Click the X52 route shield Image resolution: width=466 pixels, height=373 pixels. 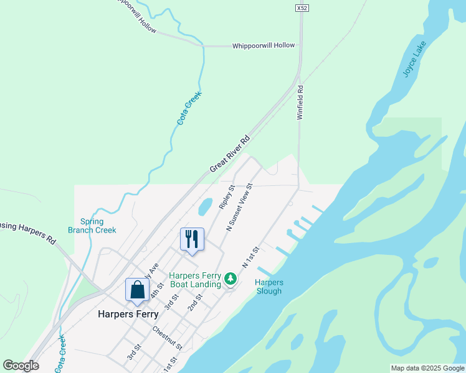tap(302, 8)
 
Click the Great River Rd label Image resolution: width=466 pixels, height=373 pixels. tap(230, 154)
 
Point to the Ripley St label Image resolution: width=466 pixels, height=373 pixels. tap(227, 196)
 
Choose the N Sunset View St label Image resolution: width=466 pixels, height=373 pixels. tap(239, 208)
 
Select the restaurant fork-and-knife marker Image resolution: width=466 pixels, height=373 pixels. tap(192, 239)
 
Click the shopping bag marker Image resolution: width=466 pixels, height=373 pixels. tap(137, 290)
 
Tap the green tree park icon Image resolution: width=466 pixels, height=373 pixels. tap(231, 279)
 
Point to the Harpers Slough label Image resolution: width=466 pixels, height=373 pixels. tap(269, 287)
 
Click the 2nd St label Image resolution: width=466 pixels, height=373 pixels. tap(195, 303)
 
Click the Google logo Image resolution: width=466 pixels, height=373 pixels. tap(21, 366)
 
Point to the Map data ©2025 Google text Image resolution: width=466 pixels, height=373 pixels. tap(427, 368)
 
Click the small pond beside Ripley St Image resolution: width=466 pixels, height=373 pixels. tap(204, 206)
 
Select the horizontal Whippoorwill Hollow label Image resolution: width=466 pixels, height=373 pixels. tap(263, 46)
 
